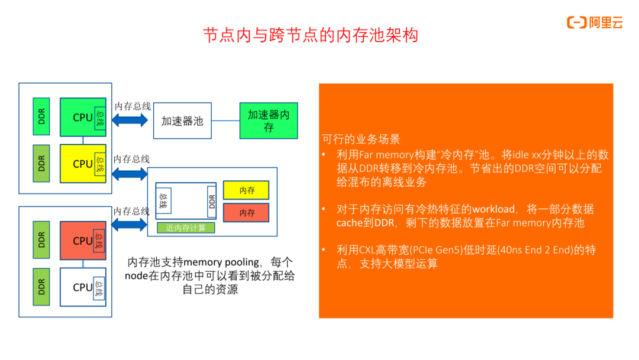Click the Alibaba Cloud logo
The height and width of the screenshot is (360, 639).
[595, 22]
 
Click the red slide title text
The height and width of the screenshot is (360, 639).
[311, 35]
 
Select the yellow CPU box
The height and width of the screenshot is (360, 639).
[83, 163]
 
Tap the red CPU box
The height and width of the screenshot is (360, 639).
[83, 240]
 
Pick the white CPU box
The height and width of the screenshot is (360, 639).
[83, 287]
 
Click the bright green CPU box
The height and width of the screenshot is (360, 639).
[83, 117]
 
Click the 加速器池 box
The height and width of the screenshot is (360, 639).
[182, 121]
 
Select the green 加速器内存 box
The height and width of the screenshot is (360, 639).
[269, 121]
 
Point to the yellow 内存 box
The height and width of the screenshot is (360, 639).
[246, 190]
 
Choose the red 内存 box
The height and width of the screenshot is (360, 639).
[246, 213]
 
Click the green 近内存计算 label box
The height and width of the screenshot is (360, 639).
[186, 228]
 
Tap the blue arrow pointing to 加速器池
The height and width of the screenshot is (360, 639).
[130, 120]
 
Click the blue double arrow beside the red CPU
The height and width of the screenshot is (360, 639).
[129, 224]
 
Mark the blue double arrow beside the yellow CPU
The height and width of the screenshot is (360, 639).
[129, 174]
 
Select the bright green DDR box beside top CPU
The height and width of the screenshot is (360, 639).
[41, 116]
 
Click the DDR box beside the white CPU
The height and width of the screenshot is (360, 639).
[41, 287]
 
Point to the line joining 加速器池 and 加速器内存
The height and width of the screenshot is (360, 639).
[225, 121]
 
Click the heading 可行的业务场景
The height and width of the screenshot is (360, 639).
[361, 139]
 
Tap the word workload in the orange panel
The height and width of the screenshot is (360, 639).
[493, 209]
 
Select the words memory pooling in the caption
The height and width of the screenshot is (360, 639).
[221, 262]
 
